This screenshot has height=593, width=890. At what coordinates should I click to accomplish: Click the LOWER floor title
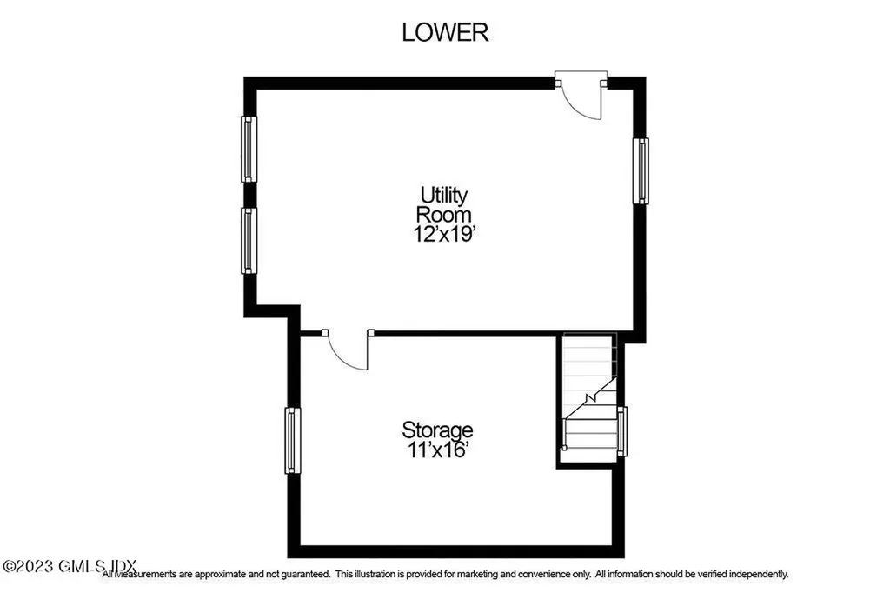pyautogui.click(x=445, y=32)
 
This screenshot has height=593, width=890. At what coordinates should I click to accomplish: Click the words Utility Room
pyautogui.click(x=444, y=203)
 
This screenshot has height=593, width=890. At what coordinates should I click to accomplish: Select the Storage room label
pyautogui.click(x=437, y=430)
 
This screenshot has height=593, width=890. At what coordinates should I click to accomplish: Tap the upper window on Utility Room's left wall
pyautogui.click(x=249, y=149)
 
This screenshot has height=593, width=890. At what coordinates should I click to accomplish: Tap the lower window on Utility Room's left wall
pyautogui.click(x=249, y=241)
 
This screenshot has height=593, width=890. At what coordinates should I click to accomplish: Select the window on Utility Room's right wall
pyautogui.click(x=641, y=170)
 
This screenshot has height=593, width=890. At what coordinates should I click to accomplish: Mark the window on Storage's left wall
pyautogui.click(x=293, y=441)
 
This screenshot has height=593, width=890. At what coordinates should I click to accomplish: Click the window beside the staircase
pyautogui.click(x=621, y=430)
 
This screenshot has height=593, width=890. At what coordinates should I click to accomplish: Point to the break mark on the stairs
pyautogui.click(x=590, y=397)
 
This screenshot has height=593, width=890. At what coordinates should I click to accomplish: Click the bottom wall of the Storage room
pyautogui.click(x=456, y=551)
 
